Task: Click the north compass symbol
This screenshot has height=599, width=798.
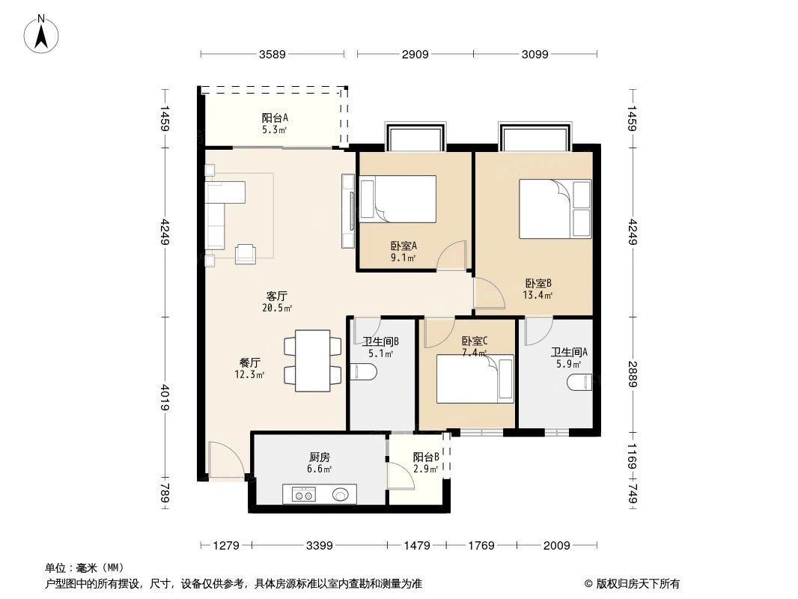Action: (x=43, y=35)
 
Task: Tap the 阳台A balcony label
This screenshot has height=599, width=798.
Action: (x=275, y=118)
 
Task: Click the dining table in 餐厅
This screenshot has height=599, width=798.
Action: (x=313, y=357)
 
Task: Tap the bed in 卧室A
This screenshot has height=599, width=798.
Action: (x=398, y=199)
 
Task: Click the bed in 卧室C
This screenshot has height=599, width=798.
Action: (x=475, y=379)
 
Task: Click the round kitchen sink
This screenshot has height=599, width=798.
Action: (x=341, y=494)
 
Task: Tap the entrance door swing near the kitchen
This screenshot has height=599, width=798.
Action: (x=225, y=458)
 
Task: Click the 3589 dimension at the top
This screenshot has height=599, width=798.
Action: (x=273, y=54)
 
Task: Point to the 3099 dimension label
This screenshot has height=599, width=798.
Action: (x=535, y=54)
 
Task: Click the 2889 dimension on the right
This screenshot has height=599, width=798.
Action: (x=633, y=374)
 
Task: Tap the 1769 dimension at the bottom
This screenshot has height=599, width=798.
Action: (x=481, y=546)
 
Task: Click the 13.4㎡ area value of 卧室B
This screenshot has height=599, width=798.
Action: (x=537, y=295)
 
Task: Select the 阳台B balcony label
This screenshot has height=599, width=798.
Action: (x=426, y=457)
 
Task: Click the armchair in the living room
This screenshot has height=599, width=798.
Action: (x=246, y=255)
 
